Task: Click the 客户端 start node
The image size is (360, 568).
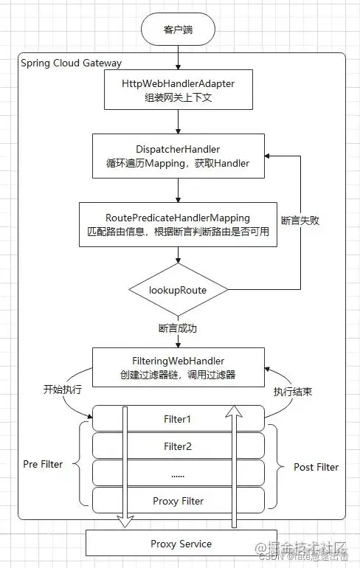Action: (179, 30)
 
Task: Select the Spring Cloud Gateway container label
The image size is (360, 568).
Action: (72, 63)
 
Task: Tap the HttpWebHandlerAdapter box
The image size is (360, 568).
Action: (179, 90)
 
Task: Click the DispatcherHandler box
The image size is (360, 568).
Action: (179, 156)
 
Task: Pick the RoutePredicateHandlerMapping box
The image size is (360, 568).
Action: (179, 225)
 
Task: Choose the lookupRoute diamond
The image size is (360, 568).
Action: (179, 290)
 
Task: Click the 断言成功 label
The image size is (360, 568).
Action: (179, 328)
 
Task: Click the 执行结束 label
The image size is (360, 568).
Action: (293, 392)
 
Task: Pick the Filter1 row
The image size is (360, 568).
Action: (178, 419)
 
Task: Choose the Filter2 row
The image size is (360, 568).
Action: (178, 446)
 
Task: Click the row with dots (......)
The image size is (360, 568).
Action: (178, 474)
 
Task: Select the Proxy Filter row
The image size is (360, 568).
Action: (178, 501)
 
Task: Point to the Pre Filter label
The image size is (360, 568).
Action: (43, 464)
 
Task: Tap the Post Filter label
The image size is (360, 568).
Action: (316, 467)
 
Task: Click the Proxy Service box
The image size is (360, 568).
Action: (181, 544)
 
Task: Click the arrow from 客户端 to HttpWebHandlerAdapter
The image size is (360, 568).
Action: (179, 58)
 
